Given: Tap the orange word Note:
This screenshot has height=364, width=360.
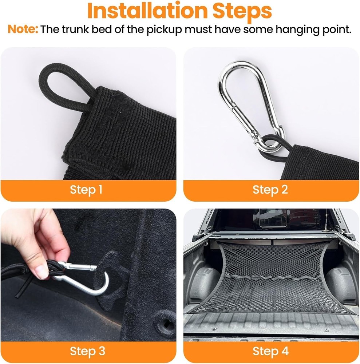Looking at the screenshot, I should [x=23, y=29].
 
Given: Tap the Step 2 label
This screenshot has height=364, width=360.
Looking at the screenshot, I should [x=270, y=190].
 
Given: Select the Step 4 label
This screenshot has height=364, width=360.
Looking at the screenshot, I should [x=270, y=351].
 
